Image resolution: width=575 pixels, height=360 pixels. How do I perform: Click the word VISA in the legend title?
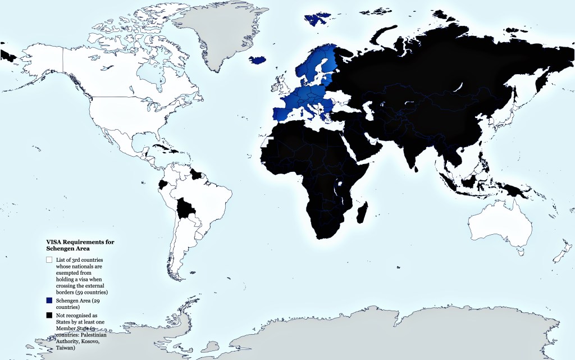54,241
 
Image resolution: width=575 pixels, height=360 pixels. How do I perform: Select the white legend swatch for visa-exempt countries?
49,260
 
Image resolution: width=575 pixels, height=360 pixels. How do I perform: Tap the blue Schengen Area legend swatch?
49,302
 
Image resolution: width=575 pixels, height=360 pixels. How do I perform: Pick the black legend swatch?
49,316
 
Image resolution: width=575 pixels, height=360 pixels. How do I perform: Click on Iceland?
258,60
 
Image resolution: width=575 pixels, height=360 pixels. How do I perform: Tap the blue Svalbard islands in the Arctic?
316,19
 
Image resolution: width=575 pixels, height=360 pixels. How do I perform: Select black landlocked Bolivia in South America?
186,209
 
